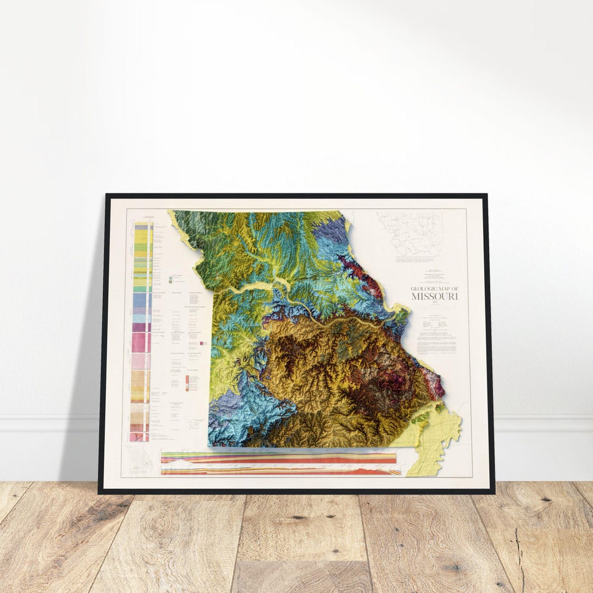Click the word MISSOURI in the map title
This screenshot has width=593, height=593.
(x=435, y=296)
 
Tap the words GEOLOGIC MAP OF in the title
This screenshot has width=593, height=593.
(x=434, y=289)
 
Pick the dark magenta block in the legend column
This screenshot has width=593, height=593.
(x=140, y=327)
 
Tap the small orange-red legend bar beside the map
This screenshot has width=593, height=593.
(x=187, y=383)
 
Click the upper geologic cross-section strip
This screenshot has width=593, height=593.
(x=278, y=458)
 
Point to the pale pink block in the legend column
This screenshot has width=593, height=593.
(x=141, y=361)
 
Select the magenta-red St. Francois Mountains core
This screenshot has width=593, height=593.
(x=393, y=382)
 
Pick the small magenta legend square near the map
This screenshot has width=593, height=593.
(x=202, y=343)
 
